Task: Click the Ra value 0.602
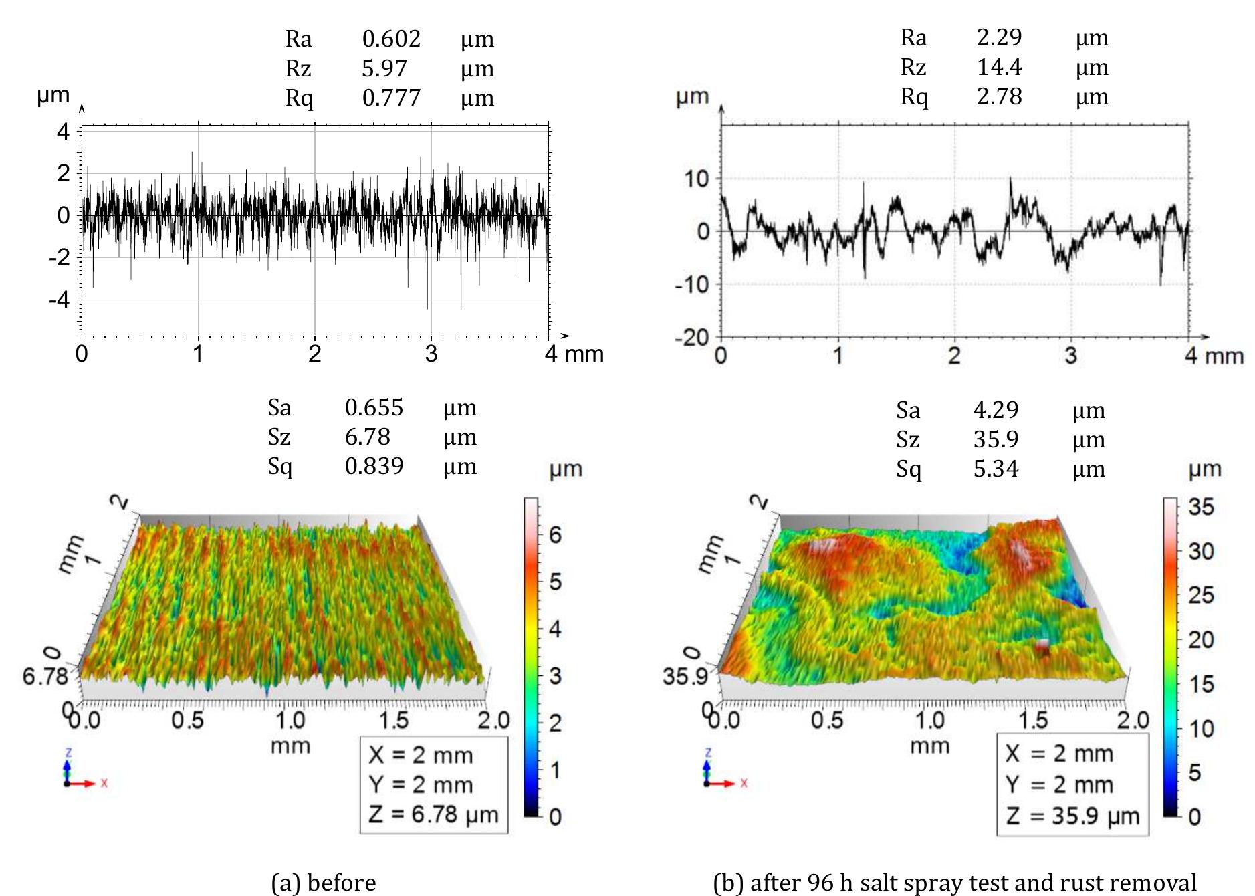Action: [391, 39]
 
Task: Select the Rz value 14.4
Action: [999, 67]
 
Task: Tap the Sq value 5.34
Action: [996, 469]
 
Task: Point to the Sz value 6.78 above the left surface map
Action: [367, 437]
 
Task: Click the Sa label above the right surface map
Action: [908, 410]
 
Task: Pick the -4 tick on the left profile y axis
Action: [62, 300]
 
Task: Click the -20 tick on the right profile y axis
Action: [692, 337]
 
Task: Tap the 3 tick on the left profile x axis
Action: [431, 354]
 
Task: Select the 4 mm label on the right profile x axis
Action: [1214, 356]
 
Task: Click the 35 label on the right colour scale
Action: [1200, 508]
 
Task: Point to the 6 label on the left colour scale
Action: [554, 534]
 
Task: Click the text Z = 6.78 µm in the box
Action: [433, 814]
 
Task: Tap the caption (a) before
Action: [324, 883]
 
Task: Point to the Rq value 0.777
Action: [391, 98]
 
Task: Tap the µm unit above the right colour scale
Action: [1205, 469]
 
